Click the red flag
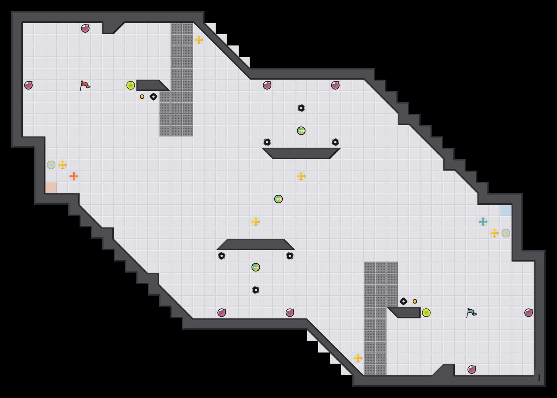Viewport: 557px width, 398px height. click(85, 85)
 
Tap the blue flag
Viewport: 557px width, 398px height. click(471, 313)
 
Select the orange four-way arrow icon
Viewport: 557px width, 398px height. click(74, 176)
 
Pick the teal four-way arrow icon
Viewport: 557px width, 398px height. click(483, 222)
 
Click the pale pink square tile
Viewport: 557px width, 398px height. click(51, 188)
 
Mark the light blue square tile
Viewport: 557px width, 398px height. click(506, 210)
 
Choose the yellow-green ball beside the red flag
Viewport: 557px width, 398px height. click(131, 85)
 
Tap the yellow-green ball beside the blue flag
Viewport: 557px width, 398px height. click(426, 313)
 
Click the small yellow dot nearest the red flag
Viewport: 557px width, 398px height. click(142, 97)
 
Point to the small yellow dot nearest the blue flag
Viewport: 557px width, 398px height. click(415, 301)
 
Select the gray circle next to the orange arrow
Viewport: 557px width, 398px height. click(51, 165)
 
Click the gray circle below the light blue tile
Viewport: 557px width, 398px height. click(506, 233)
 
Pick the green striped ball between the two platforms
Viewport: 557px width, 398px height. click(278, 199)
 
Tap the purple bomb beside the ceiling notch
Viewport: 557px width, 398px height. click(85, 28)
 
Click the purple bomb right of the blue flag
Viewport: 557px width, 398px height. click(529, 313)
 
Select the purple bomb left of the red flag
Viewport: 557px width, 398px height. click(28, 85)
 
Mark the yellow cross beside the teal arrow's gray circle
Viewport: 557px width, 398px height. click(494, 233)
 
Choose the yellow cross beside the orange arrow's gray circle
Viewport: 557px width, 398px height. click(63, 165)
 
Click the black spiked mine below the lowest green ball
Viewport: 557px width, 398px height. click(256, 290)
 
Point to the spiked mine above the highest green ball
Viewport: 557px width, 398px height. click(301, 108)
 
